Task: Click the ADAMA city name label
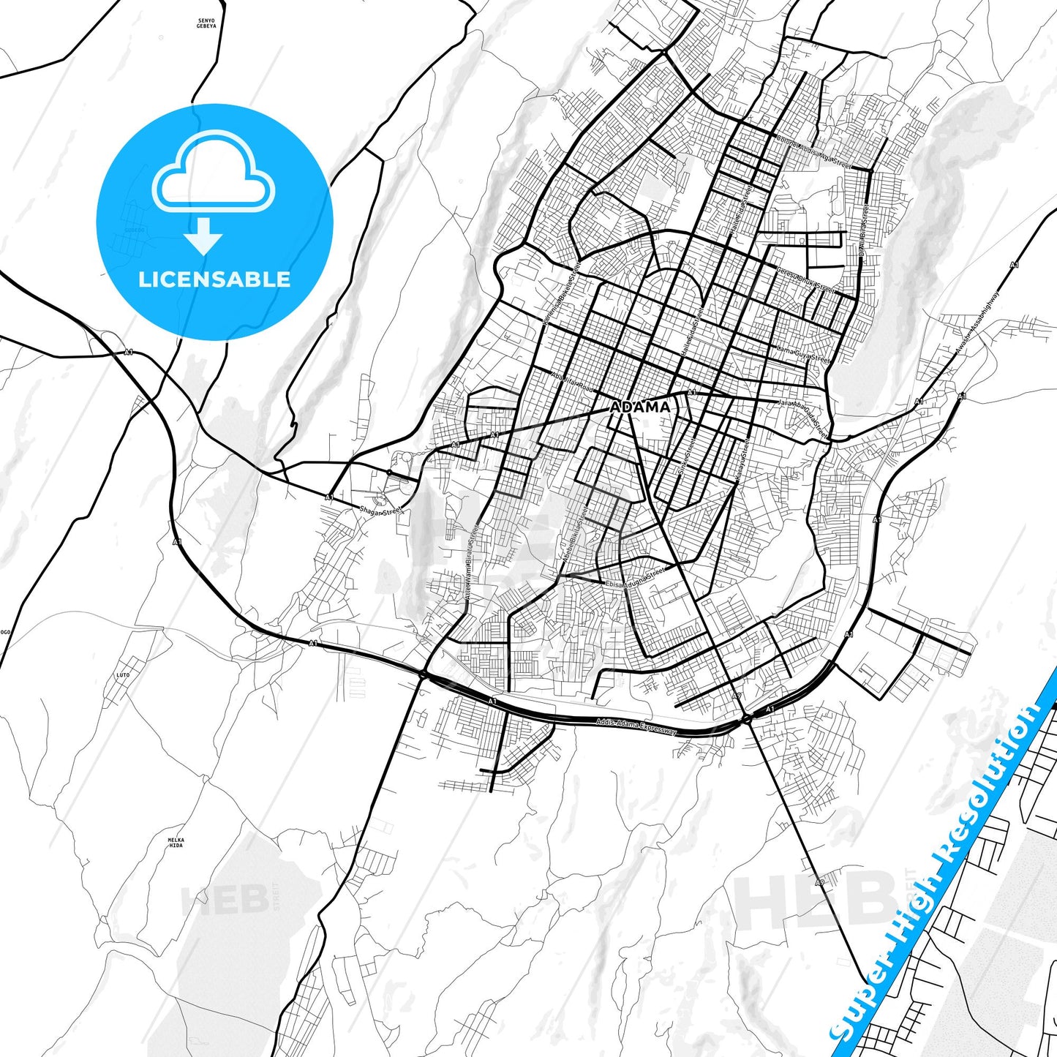tap(640, 407)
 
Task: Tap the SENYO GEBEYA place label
tap(207, 23)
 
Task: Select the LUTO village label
tap(123, 675)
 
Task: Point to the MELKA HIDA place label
tap(176, 842)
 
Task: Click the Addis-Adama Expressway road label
tap(636, 726)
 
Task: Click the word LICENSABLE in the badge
tap(214, 279)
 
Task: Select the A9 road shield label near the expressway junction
tap(738, 696)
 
